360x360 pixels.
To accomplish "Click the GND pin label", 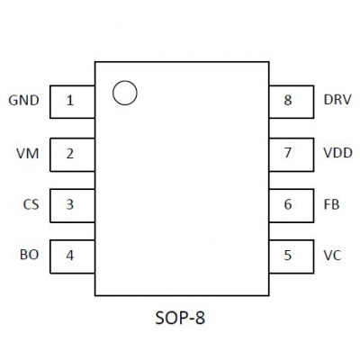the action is click(23, 100).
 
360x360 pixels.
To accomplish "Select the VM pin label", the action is click(28, 154).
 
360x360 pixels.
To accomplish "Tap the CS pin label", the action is click(31, 204).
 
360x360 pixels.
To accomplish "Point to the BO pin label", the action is click(30, 255).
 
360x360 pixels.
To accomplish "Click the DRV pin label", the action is click(337, 99).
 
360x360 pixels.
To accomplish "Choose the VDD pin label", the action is click(337, 153).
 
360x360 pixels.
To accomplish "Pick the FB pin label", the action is click(331, 204).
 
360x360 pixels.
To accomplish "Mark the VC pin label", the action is click(332, 256).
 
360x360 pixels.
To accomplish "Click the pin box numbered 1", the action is click(72, 102).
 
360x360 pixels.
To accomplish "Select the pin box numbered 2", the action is click(72, 155).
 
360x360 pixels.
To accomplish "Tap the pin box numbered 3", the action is click(72, 205).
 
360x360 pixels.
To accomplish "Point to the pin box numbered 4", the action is click(72, 256).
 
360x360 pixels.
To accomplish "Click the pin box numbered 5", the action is click(292, 256).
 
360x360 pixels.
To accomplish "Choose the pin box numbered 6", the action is click(292, 205).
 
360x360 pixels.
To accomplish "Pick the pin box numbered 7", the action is click(292, 155).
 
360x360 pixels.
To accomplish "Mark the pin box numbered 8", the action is click(292, 102).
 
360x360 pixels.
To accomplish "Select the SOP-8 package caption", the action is click(180, 318).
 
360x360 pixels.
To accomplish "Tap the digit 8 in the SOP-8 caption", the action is click(200, 318).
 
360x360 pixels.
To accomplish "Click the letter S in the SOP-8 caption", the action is click(160, 318).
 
